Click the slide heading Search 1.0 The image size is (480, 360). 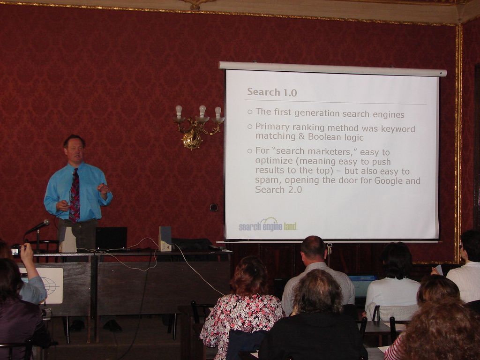pos(272,92)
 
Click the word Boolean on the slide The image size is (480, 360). pos(326,137)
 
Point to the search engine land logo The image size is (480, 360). pos(268,225)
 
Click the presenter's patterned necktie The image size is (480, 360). pos(75,195)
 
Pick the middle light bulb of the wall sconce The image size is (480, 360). pos(202,112)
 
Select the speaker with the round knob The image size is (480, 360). pos(165,239)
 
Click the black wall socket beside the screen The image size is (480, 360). pos(214,208)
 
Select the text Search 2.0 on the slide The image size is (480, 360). pos(278,190)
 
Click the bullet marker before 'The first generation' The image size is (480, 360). pos(250,112)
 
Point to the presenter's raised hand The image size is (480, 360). pos(103,188)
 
